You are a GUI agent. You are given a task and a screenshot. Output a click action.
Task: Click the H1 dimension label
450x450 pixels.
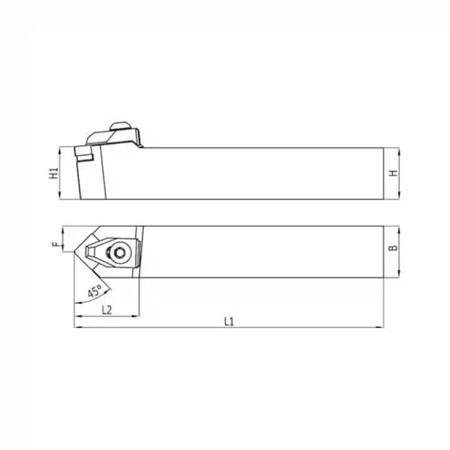click(53, 173)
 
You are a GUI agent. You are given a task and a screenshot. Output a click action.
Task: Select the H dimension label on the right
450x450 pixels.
click(393, 173)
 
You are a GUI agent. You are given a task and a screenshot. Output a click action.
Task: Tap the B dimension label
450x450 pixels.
click(393, 247)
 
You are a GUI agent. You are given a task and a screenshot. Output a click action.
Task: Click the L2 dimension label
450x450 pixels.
click(107, 310)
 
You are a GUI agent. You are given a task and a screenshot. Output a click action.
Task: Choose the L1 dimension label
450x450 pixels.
click(229, 321)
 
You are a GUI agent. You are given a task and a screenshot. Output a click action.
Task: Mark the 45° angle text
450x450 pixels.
click(94, 291)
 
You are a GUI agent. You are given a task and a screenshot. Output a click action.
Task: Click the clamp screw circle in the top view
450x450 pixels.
click(119, 253)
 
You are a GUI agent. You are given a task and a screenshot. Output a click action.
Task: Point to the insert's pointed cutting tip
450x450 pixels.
click(75, 252)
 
